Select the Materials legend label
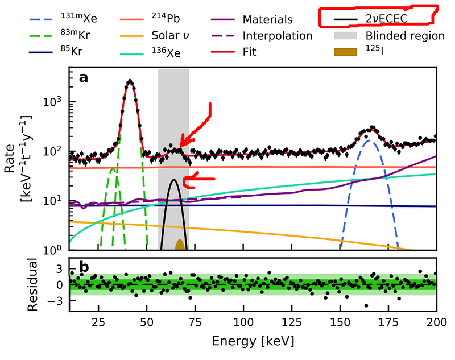coord(267,19)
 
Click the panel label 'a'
coord(83,78)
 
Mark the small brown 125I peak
coord(180,245)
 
